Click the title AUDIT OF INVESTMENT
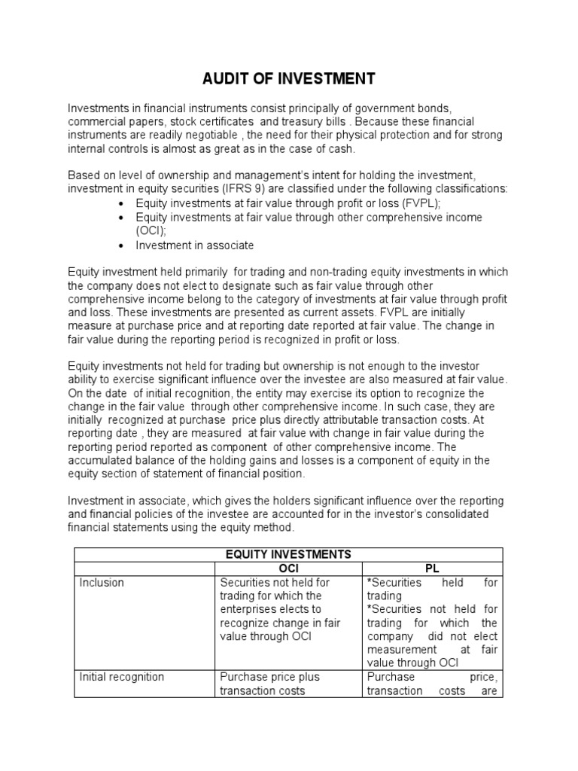tap(288, 78)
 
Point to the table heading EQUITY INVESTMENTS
tap(288, 554)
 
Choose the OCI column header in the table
tap(288, 568)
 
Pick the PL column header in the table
tap(432, 568)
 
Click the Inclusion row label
tap(102, 583)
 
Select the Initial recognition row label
tap(122, 677)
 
